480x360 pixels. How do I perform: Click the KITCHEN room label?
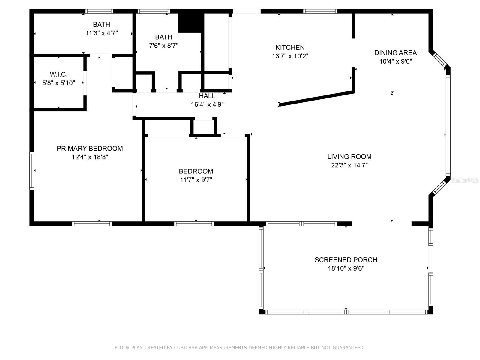click(x=290, y=47)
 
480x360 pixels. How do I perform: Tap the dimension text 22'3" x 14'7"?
click(x=349, y=165)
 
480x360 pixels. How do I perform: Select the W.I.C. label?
click(x=58, y=74)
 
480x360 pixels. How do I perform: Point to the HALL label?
click(x=207, y=96)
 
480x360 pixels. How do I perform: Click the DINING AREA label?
click(x=395, y=53)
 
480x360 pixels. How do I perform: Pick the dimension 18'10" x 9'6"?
click(x=346, y=268)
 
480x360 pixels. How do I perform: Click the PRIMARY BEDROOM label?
click(x=90, y=148)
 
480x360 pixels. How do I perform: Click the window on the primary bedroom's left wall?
click(x=31, y=171)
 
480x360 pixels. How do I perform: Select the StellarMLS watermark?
click(x=465, y=180)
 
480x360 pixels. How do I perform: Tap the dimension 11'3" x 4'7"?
click(x=102, y=33)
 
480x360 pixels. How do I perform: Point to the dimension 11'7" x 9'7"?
click(x=196, y=180)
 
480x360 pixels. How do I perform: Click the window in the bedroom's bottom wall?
click(x=194, y=223)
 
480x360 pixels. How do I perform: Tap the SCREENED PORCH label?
click(x=346, y=260)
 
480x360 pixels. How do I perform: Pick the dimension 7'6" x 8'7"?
click(x=163, y=46)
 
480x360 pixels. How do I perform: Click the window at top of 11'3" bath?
click(x=99, y=11)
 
